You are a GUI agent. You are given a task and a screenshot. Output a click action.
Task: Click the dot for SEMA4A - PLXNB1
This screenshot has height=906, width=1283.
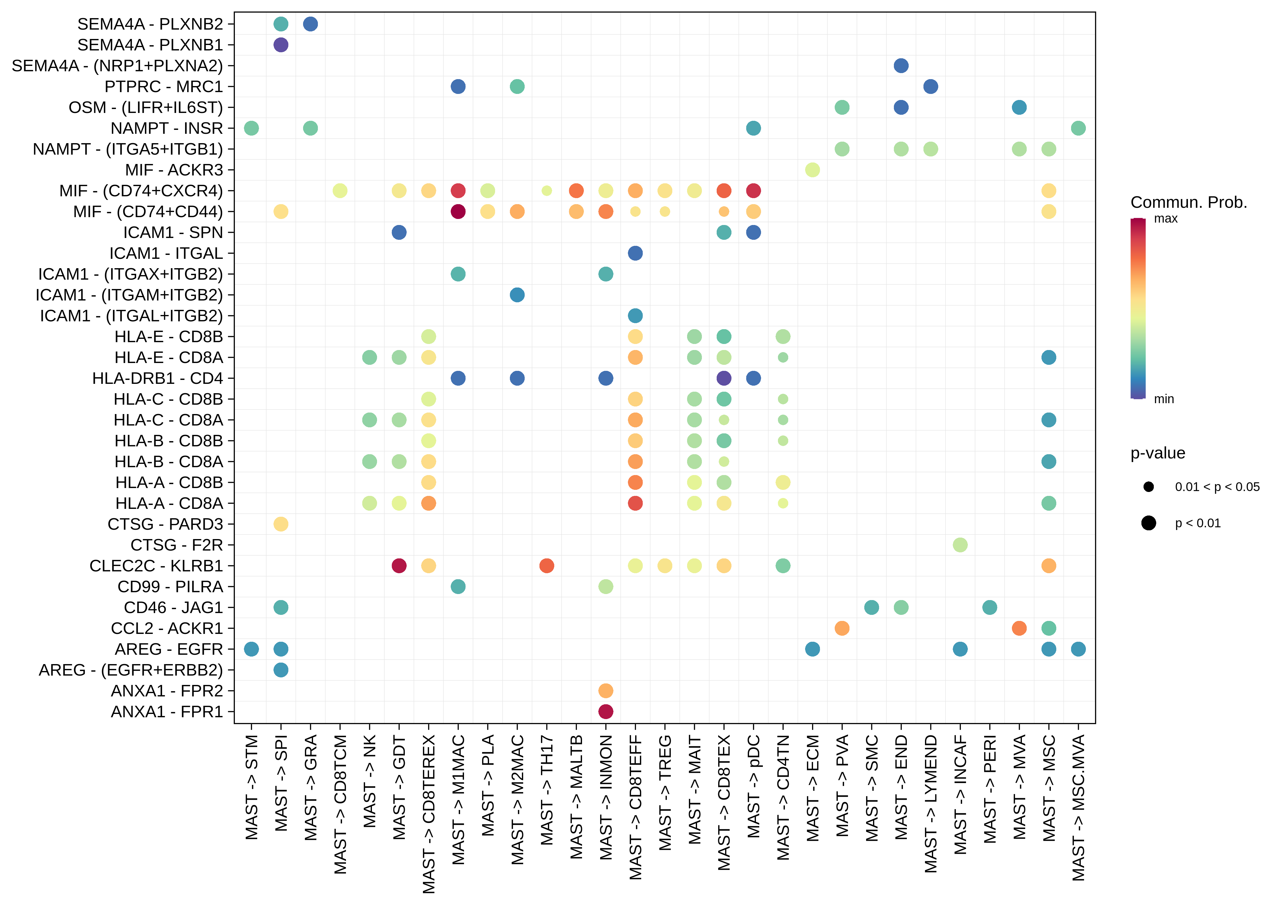point(281,45)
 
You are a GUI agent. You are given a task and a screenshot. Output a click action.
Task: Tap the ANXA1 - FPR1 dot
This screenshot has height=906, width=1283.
point(606,712)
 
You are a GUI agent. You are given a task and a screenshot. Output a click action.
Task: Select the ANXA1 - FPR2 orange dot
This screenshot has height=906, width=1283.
point(606,691)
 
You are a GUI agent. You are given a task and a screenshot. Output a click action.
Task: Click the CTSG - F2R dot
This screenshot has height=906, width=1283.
point(960,545)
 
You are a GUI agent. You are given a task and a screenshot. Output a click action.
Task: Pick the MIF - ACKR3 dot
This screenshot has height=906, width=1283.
point(812,170)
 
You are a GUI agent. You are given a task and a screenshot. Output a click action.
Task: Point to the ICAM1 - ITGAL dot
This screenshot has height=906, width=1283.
point(635,253)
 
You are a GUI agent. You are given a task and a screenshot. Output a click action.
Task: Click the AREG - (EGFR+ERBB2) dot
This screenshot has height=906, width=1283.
point(281,670)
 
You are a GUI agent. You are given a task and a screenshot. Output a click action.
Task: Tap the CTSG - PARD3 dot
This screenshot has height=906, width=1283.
point(281,524)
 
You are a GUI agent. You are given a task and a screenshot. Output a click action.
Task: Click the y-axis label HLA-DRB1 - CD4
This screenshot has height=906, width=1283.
point(158,378)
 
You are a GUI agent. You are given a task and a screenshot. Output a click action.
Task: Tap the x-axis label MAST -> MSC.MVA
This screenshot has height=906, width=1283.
point(1079,808)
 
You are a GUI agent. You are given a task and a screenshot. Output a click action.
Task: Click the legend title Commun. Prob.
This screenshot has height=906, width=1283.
point(1189,202)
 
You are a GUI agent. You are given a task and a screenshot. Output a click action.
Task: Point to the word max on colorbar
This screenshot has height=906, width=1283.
point(1166,219)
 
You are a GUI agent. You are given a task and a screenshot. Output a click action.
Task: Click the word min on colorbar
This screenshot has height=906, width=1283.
point(1164,399)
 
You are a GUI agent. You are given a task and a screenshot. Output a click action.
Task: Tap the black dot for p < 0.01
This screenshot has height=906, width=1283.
point(1149,523)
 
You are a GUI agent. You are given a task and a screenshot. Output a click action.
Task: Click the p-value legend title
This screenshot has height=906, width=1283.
point(1158,453)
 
